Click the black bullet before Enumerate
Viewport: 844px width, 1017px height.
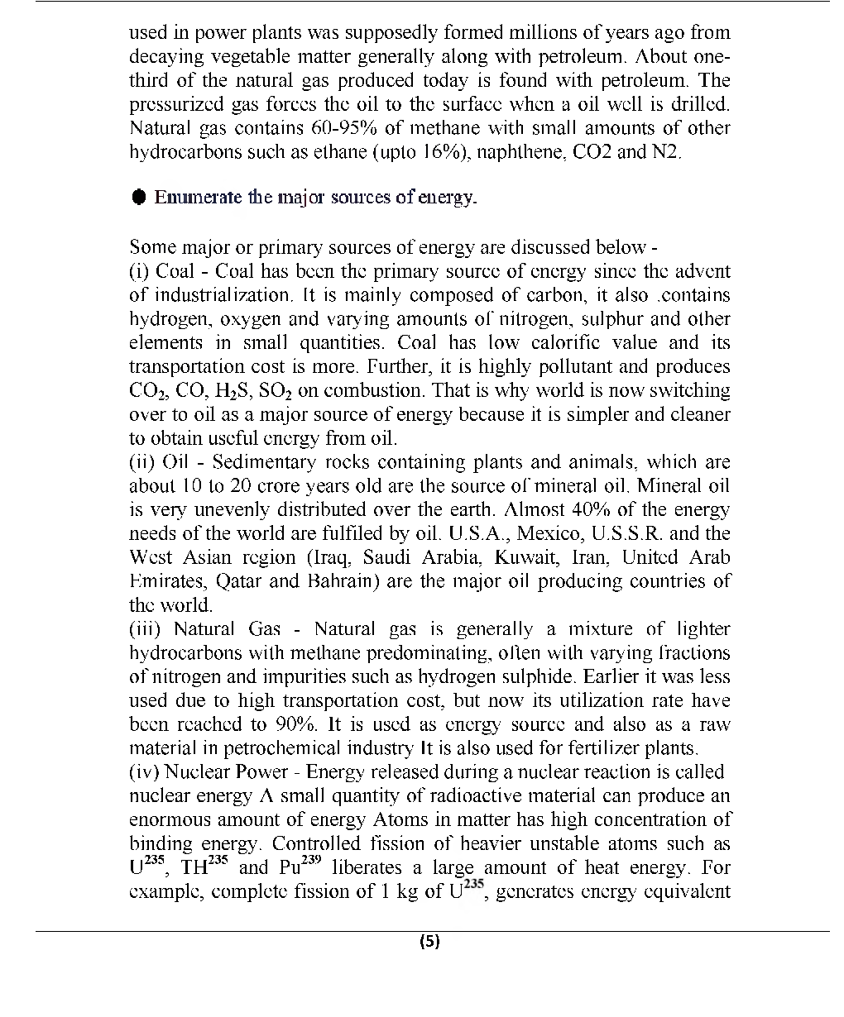(x=139, y=198)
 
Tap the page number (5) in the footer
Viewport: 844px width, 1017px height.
(x=429, y=942)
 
